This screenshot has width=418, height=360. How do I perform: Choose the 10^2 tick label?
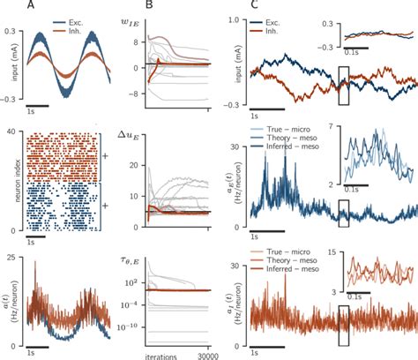point(129,282)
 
